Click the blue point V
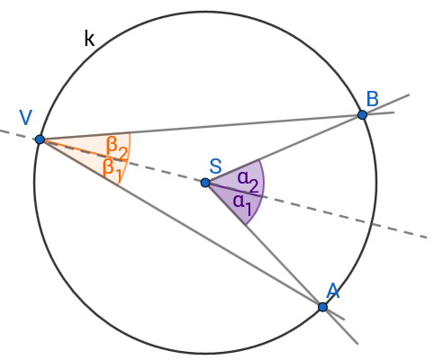coord(40,139)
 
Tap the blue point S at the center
coord(205,183)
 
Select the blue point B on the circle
coord(363,114)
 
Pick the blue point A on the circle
coord(322,307)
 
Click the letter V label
coord(25,117)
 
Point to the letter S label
coord(215,166)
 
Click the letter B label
coord(373,99)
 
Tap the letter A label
coord(333,291)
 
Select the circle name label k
coord(89,39)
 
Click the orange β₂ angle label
coord(117,149)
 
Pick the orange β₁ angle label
coord(113,170)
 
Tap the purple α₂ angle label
coord(248,181)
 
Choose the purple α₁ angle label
coord(242,204)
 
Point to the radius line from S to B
coord(307,139)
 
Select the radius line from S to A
coord(282,263)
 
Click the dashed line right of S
coord(316,210)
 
